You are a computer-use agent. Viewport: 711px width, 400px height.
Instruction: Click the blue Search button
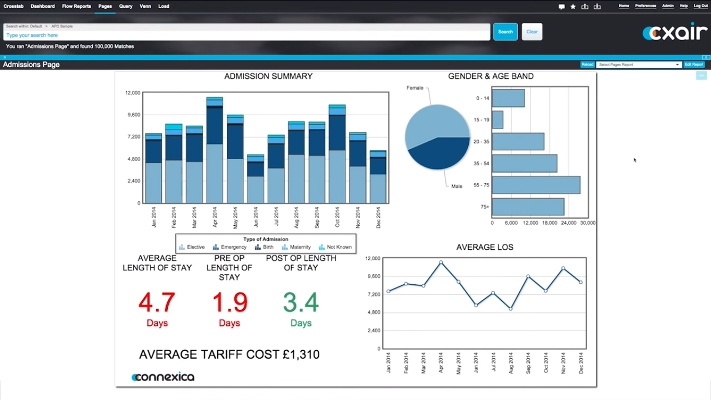coord(505,32)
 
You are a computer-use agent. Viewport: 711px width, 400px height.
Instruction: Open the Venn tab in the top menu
coord(145,6)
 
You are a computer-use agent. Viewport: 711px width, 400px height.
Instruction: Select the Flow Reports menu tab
coord(76,6)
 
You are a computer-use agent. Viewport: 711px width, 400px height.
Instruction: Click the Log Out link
coord(701,6)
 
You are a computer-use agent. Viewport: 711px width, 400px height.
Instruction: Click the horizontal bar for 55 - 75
coord(535,185)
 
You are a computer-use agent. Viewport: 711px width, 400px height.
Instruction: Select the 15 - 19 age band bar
coord(497,120)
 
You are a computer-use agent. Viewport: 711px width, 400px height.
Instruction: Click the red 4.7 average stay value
coord(157,302)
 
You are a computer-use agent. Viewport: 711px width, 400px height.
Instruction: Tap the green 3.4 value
coord(301,302)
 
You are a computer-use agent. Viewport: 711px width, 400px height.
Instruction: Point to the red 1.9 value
coord(229,302)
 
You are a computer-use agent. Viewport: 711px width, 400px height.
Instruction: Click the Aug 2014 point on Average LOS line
coord(510,309)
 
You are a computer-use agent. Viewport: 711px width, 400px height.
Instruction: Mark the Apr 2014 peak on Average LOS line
coord(441,262)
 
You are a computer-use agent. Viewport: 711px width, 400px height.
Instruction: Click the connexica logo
coord(163,377)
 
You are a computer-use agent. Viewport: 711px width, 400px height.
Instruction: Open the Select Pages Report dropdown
coord(639,65)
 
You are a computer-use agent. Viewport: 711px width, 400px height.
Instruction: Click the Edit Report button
coord(694,65)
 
